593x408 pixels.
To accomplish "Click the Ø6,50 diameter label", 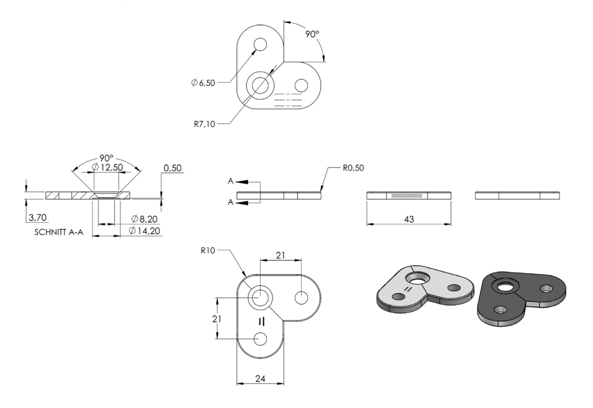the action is point(203,83).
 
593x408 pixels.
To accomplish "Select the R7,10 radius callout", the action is point(204,124).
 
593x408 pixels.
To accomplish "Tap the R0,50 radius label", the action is point(353,168).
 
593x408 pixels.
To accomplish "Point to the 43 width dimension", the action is point(409,219).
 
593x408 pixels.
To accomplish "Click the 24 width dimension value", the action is point(260,378).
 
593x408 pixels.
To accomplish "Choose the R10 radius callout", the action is point(208,251).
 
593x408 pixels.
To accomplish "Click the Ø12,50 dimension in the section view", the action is point(107,167).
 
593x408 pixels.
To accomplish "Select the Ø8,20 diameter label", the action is point(144,219).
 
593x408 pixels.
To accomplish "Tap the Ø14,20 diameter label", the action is point(144,230).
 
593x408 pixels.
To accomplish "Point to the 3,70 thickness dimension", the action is point(38,218).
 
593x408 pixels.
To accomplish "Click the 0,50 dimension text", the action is point(173,168).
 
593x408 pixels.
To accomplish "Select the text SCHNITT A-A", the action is point(58,232).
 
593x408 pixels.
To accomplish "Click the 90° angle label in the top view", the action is point(312,34).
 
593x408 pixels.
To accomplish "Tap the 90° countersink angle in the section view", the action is point(107,158).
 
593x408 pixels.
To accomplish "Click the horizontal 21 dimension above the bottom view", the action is point(280,256).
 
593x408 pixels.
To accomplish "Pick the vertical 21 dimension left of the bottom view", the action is point(217,319).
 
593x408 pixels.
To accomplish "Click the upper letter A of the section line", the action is point(230,181).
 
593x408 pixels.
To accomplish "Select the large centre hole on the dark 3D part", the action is point(503,286).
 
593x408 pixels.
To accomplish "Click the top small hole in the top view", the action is point(260,44).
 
